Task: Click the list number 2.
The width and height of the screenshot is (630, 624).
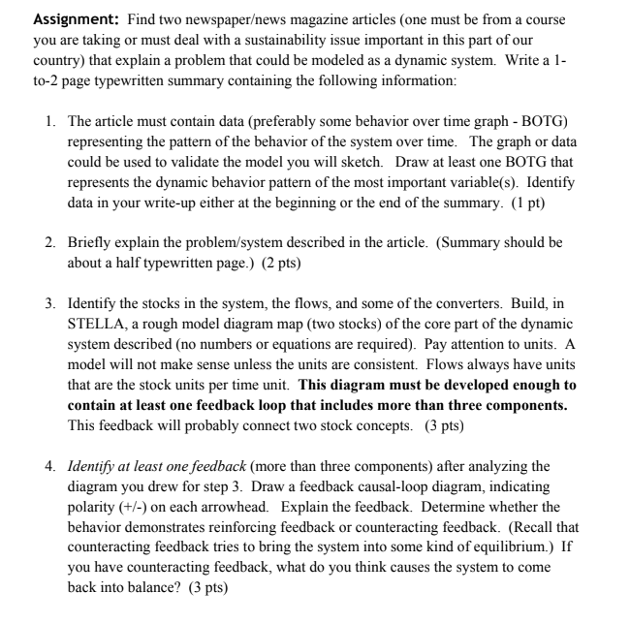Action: point(49,241)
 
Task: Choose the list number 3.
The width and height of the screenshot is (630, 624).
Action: point(49,302)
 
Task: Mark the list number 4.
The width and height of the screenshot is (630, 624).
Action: point(49,466)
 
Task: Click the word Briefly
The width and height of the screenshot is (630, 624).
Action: point(89,241)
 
